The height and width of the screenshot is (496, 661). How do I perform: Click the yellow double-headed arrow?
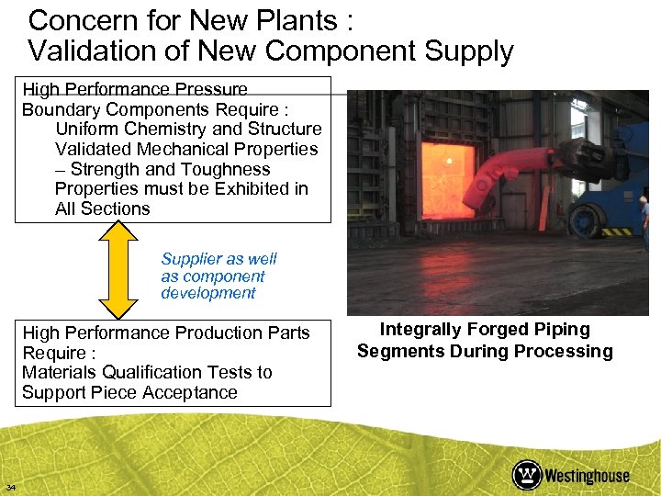[x=118, y=271]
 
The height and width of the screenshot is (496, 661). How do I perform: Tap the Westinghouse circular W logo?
[x=527, y=475]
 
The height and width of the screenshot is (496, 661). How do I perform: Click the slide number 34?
[x=11, y=487]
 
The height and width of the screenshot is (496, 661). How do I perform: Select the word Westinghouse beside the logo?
[x=588, y=476]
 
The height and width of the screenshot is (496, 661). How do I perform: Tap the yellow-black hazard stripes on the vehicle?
[x=616, y=231]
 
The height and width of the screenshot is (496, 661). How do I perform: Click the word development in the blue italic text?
[x=207, y=293]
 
